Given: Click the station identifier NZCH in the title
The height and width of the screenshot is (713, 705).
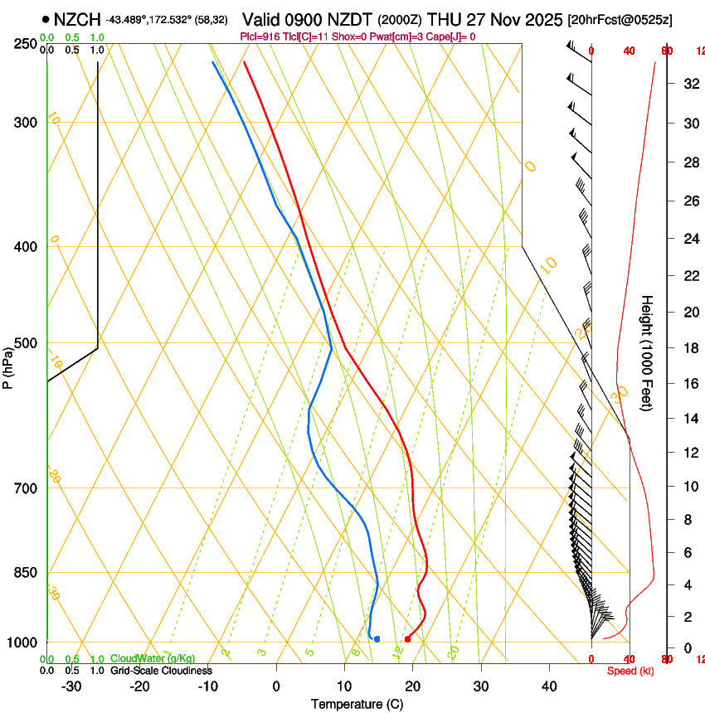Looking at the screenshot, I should [x=77, y=18].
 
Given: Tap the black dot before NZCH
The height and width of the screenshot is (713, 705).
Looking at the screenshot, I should [x=45, y=18].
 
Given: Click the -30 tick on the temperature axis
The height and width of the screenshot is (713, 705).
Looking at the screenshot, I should [x=71, y=686].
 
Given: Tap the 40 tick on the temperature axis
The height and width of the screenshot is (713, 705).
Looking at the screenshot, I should [x=549, y=686].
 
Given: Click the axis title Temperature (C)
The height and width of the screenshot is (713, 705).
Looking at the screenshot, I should [x=357, y=704].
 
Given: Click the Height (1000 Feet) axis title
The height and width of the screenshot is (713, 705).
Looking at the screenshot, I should [x=647, y=352].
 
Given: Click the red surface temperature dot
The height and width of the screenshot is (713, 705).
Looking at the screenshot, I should [x=406, y=638].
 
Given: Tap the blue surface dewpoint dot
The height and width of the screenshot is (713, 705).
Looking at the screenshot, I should [x=377, y=638].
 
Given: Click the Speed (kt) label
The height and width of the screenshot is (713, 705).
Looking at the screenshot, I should [x=630, y=671].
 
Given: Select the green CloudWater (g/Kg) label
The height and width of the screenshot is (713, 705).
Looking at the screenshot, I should [x=153, y=659].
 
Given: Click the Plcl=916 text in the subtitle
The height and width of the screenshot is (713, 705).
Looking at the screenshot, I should [x=260, y=36].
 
